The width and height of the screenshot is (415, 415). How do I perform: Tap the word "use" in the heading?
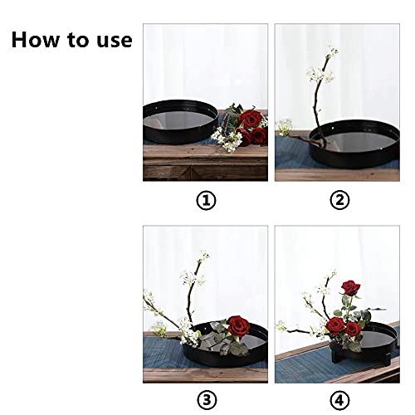[x=114, y=40]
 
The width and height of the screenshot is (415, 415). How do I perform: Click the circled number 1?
[x=205, y=200]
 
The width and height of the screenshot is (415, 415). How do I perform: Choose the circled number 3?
[x=205, y=401]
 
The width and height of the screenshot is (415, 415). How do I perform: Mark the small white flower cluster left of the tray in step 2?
[x=285, y=127]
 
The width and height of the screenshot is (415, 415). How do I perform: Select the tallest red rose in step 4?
[x=349, y=289]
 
